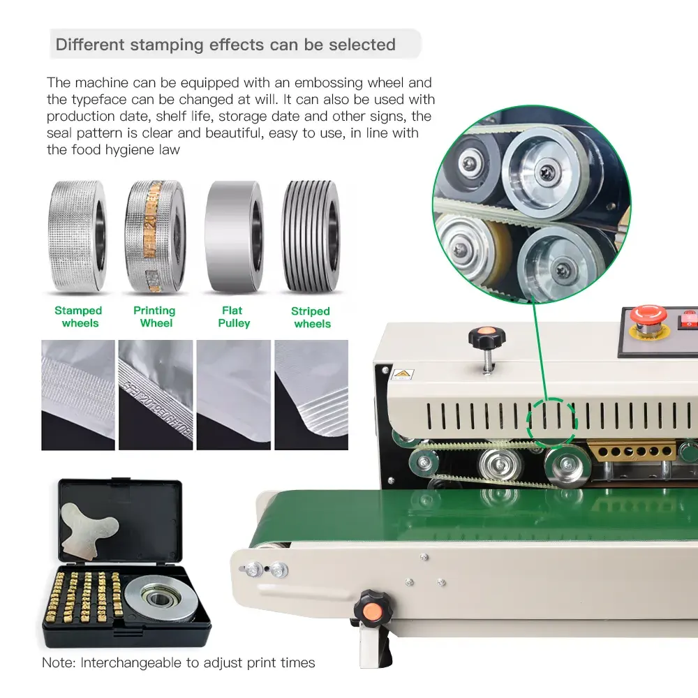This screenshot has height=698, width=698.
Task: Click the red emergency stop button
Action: tap(648, 315)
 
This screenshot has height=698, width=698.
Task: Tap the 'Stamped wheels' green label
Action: tap(79, 316)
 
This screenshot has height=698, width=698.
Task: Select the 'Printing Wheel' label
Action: tap(155, 316)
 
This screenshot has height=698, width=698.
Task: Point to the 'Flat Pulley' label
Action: tap(234, 316)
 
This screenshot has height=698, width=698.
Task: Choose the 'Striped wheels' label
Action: tap(311, 317)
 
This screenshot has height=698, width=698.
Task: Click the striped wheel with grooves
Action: tap(311, 237)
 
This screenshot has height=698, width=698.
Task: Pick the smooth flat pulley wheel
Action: tap(234, 237)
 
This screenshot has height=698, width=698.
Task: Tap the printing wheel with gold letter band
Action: tap(156, 237)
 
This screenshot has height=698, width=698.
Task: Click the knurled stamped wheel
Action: tap(77, 237)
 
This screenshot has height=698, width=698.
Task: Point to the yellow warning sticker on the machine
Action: tap(403, 374)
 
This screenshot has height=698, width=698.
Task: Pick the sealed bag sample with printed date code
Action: tap(156, 395)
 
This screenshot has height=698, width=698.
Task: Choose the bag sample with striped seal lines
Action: tap(311, 395)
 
